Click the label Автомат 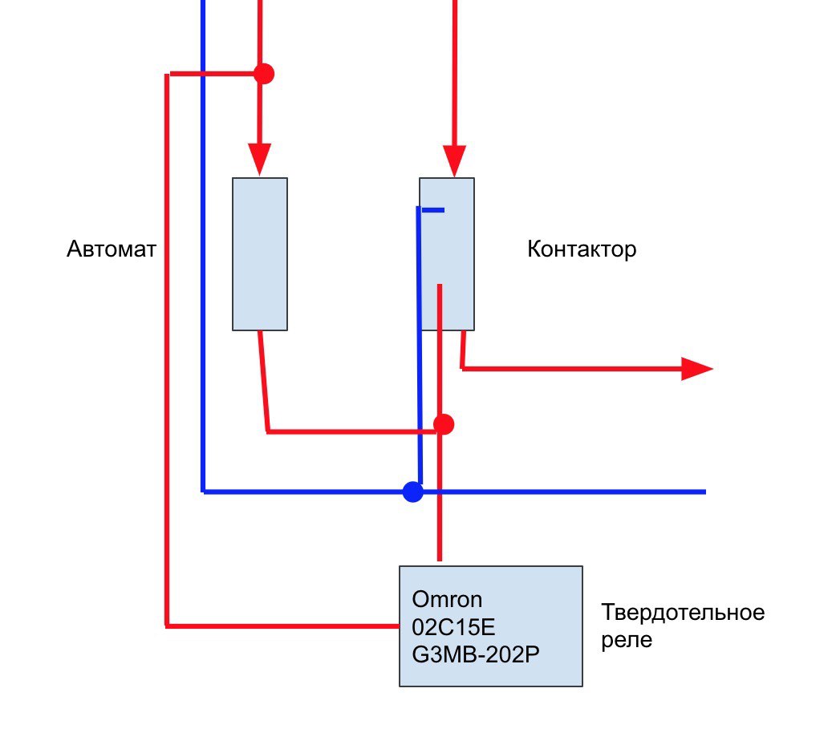pyautogui.click(x=112, y=249)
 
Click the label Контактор pyautogui.click(x=582, y=249)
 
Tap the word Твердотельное pyautogui.click(x=683, y=613)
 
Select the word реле pyautogui.click(x=627, y=640)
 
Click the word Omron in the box pyautogui.click(x=447, y=600)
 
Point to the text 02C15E pyautogui.click(x=453, y=628)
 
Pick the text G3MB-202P pyautogui.click(x=476, y=655)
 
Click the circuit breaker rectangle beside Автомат pyautogui.click(x=260, y=254)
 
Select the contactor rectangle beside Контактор pyautogui.click(x=447, y=254)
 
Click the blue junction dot pyautogui.click(x=413, y=492)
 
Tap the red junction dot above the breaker pyautogui.click(x=264, y=73)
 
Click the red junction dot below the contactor pyautogui.click(x=444, y=424)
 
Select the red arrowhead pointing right pyautogui.click(x=697, y=368)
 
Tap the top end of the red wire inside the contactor pyautogui.click(x=440, y=285)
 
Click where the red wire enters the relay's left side pyautogui.click(x=400, y=626)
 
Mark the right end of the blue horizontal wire pyautogui.click(x=705, y=492)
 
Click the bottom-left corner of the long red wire pyautogui.click(x=167, y=626)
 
